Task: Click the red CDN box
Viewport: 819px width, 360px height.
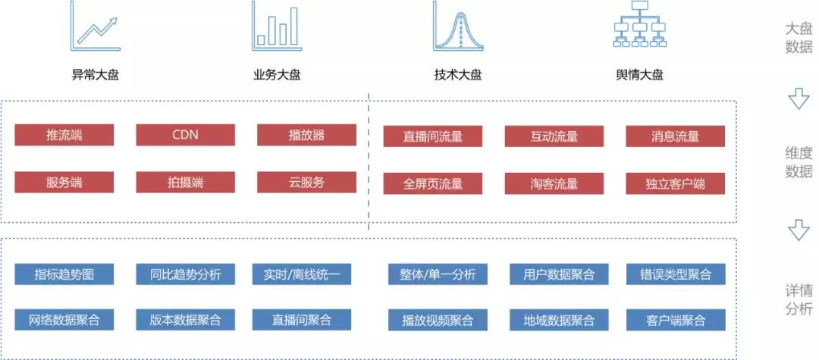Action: (186, 135)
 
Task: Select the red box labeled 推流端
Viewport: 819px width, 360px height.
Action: (64, 135)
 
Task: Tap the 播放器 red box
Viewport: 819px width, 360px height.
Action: (306, 135)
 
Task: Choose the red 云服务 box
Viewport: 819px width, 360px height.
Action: (306, 182)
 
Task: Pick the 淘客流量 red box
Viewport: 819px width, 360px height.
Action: (554, 183)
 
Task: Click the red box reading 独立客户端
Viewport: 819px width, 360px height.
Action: (676, 183)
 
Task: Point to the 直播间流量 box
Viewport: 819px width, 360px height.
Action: (433, 136)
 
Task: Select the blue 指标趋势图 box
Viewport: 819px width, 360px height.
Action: (64, 274)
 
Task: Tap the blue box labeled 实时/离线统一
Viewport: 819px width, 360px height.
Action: (301, 274)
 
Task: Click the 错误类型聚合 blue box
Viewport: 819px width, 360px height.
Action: (676, 274)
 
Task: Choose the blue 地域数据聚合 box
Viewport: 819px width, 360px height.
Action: (559, 320)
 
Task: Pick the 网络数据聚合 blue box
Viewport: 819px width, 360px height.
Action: (64, 320)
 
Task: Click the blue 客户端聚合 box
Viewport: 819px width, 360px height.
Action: (676, 320)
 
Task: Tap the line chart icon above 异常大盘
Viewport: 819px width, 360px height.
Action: (96, 26)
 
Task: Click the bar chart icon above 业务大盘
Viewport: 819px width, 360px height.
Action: (276, 26)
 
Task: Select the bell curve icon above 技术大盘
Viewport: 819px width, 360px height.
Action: (458, 26)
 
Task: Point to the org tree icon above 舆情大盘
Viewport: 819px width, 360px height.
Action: (640, 24)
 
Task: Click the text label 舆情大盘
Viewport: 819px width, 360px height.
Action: (640, 75)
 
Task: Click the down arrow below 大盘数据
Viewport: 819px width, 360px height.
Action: (799, 98)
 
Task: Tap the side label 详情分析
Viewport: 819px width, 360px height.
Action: (799, 299)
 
